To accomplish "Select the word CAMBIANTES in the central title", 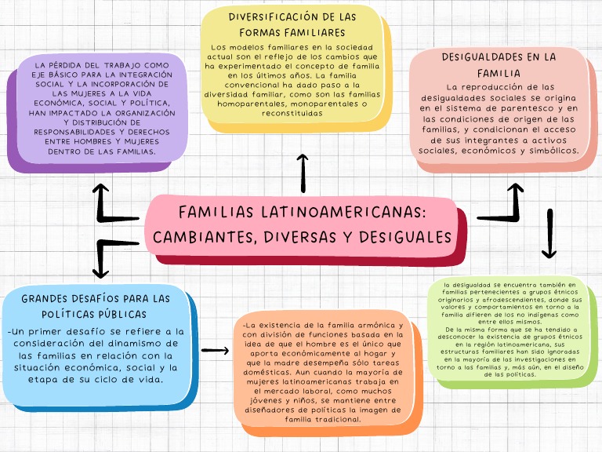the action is [x=204, y=236].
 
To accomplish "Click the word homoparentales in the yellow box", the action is [x=253, y=103].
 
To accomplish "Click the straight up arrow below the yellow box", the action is [x=303, y=173].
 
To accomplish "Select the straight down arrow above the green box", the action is [x=549, y=234].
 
